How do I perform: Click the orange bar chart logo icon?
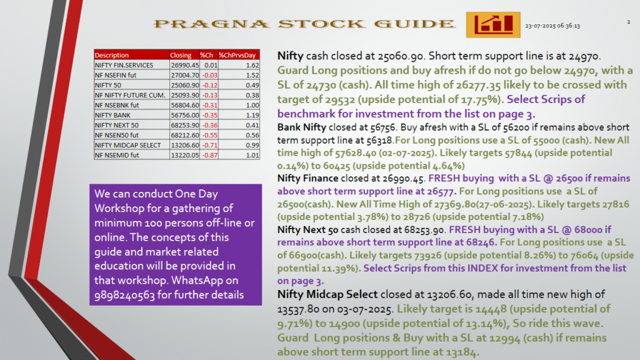coord(493,25)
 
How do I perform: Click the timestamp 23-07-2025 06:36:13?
coord(552,26)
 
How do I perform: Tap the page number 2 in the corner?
coord(629,22)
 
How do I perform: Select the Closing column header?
coord(181,55)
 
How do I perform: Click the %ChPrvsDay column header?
coord(237,55)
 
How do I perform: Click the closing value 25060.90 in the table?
coord(185,85)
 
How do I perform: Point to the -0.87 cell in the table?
coord(210,155)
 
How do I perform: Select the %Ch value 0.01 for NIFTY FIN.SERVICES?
coord(211,65)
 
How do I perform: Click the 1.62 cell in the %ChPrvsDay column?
coord(252,65)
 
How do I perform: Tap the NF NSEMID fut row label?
coord(117,155)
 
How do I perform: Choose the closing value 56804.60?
coord(185,105)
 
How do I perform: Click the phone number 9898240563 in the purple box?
coord(124,295)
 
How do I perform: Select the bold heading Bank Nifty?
coord(302,127)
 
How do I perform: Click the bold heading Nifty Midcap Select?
coord(327,294)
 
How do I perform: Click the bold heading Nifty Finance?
coord(307,178)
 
